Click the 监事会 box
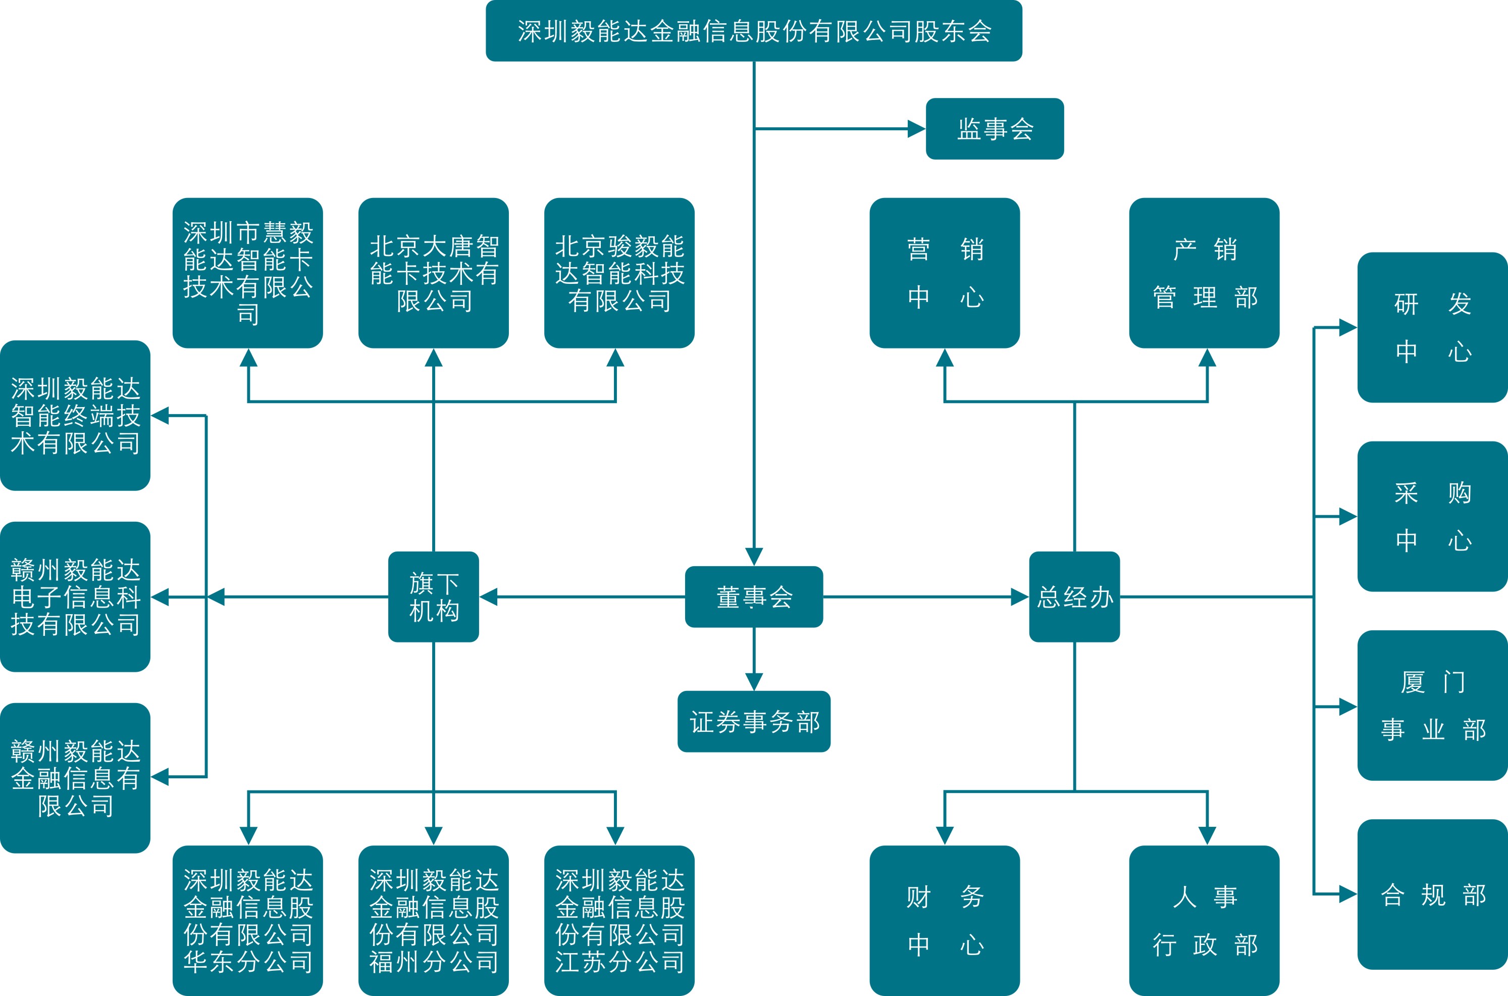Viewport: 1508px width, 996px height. coord(995,129)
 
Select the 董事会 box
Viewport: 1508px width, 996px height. coord(754,597)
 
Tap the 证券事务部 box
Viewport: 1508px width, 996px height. coord(754,722)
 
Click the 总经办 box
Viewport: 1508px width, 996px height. coord(1074,597)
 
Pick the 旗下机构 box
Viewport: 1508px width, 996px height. coord(434,597)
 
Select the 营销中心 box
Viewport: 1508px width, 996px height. coord(945,273)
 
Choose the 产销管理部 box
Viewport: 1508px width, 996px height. coord(1204,273)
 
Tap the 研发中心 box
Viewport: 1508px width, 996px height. coord(1432,328)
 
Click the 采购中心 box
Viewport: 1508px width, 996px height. coord(1432,516)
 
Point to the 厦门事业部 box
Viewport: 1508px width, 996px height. coord(1432,706)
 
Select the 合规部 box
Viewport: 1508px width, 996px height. coord(1432,894)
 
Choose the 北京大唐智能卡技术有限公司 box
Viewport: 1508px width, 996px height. coord(434,273)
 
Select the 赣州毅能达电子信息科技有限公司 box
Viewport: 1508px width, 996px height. coord(75,597)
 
